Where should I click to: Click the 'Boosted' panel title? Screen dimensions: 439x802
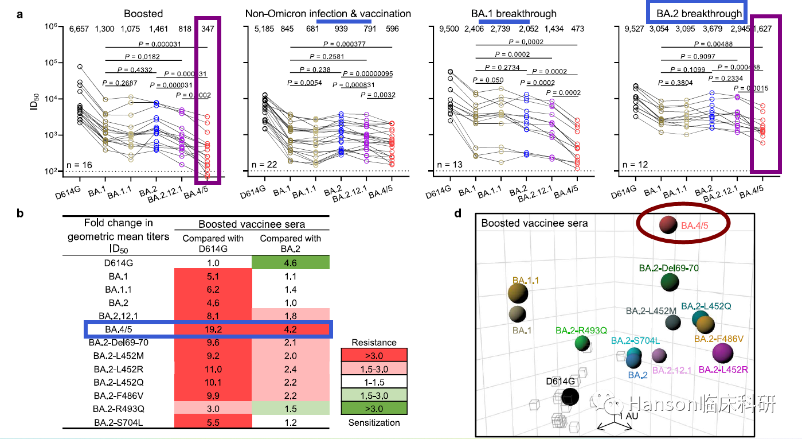click(x=143, y=13)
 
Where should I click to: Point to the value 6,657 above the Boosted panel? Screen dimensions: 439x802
click(x=81, y=29)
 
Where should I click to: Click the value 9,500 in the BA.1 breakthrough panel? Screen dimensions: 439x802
click(x=451, y=29)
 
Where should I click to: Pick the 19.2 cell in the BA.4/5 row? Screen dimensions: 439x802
click(x=213, y=329)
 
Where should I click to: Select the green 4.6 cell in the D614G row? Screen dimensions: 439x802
click(x=290, y=262)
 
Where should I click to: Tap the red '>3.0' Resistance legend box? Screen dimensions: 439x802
click(x=374, y=355)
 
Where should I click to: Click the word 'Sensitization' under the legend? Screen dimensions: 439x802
click(x=374, y=422)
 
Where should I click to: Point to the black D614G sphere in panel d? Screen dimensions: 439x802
click(x=570, y=396)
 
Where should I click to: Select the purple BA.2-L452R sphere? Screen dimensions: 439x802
click(x=722, y=353)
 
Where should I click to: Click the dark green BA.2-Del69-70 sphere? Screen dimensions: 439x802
click(x=669, y=282)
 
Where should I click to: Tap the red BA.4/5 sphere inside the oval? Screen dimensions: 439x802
click(x=668, y=225)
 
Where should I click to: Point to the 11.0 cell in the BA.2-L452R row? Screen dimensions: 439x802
click(x=213, y=369)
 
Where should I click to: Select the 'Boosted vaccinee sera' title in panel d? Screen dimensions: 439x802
click(x=534, y=223)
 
